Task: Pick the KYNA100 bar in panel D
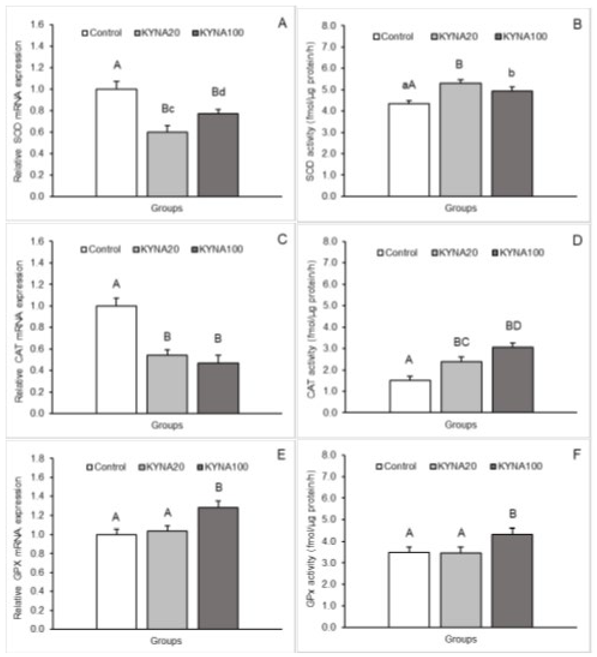pyautogui.click(x=513, y=380)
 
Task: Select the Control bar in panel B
pyautogui.click(x=409, y=150)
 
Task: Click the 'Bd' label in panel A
pyautogui.click(x=218, y=92)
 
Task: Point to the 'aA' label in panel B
pyautogui.click(x=409, y=85)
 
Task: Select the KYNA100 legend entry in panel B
pyautogui.click(x=521, y=36)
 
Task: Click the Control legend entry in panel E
pyautogui.click(x=106, y=467)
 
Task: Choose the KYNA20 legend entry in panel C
pyautogui.click(x=156, y=249)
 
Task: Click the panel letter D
pyautogui.click(x=576, y=241)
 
